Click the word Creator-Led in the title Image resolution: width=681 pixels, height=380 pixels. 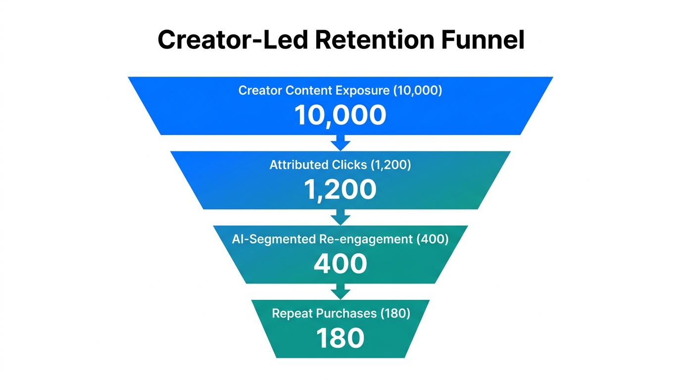(x=233, y=40)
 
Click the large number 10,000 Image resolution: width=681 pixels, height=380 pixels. (x=340, y=115)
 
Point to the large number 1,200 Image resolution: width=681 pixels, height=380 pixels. (x=340, y=189)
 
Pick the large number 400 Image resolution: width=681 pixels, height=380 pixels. (x=340, y=264)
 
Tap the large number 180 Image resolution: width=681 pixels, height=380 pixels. (x=340, y=338)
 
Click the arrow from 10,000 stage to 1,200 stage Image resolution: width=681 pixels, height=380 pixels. (x=340, y=142)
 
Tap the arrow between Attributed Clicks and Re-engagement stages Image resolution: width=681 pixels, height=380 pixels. (x=340, y=217)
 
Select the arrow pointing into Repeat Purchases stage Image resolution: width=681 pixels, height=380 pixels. (x=340, y=291)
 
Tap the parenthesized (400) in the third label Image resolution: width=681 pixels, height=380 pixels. (x=433, y=239)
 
